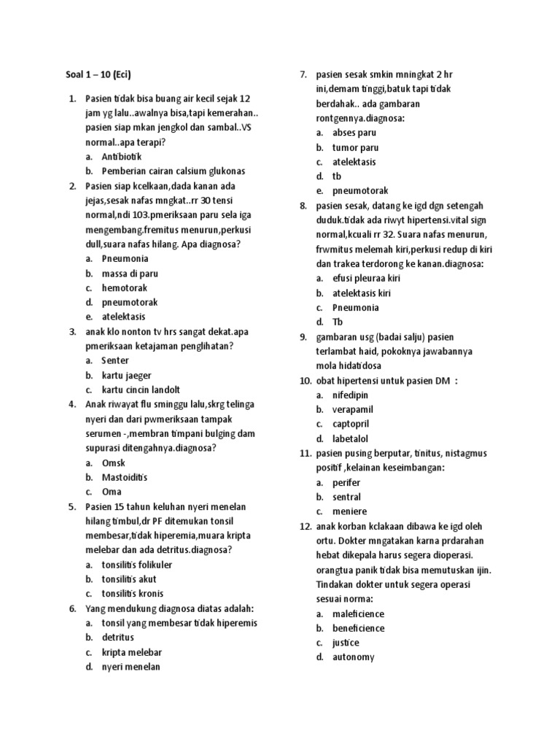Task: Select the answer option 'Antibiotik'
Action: click(122, 156)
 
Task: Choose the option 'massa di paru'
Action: click(130, 273)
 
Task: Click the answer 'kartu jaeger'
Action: click(127, 375)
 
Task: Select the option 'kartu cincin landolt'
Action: click(141, 390)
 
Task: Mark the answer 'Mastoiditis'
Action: click(125, 477)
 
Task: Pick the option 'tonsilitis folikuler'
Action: click(137, 565)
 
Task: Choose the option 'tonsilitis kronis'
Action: click(133, 594)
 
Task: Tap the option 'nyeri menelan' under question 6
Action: click(131, 667)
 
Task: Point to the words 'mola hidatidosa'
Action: click(349, 365)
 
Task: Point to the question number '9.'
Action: click(303, 336)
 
